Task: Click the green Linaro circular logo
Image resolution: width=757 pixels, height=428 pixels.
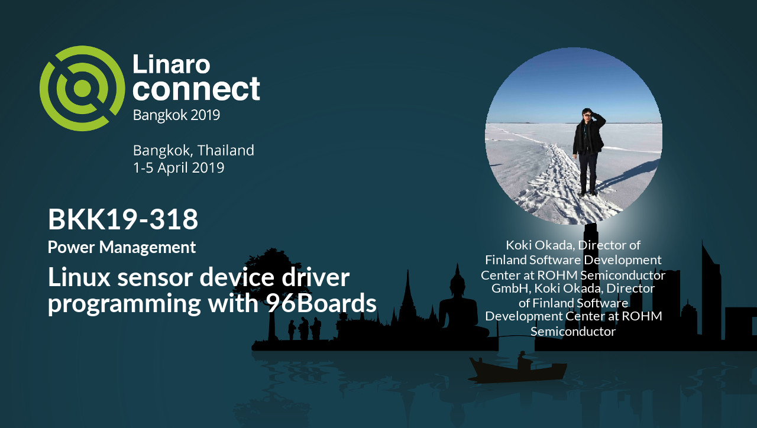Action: point(82,89)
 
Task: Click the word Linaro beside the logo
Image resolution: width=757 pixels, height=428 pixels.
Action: point(172,64)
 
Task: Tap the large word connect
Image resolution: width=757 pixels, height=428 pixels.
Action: point(196,89)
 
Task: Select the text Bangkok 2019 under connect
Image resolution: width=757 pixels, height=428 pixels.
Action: point(176,115)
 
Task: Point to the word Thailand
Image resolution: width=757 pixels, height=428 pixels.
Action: point(226,150)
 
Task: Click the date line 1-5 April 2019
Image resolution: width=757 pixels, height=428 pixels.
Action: point(179,168)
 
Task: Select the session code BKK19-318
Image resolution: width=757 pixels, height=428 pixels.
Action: point(123,219)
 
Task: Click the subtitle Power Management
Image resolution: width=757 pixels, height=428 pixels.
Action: point(122,248)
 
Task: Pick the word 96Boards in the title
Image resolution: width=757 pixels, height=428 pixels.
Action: point(321,303)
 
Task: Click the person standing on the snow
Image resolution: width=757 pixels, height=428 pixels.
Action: point(588,152)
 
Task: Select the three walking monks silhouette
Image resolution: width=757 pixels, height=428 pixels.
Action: point(305,328)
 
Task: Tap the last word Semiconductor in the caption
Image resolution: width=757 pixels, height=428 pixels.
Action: point(573,332)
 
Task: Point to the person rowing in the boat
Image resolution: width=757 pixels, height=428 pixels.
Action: point(523,361)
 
